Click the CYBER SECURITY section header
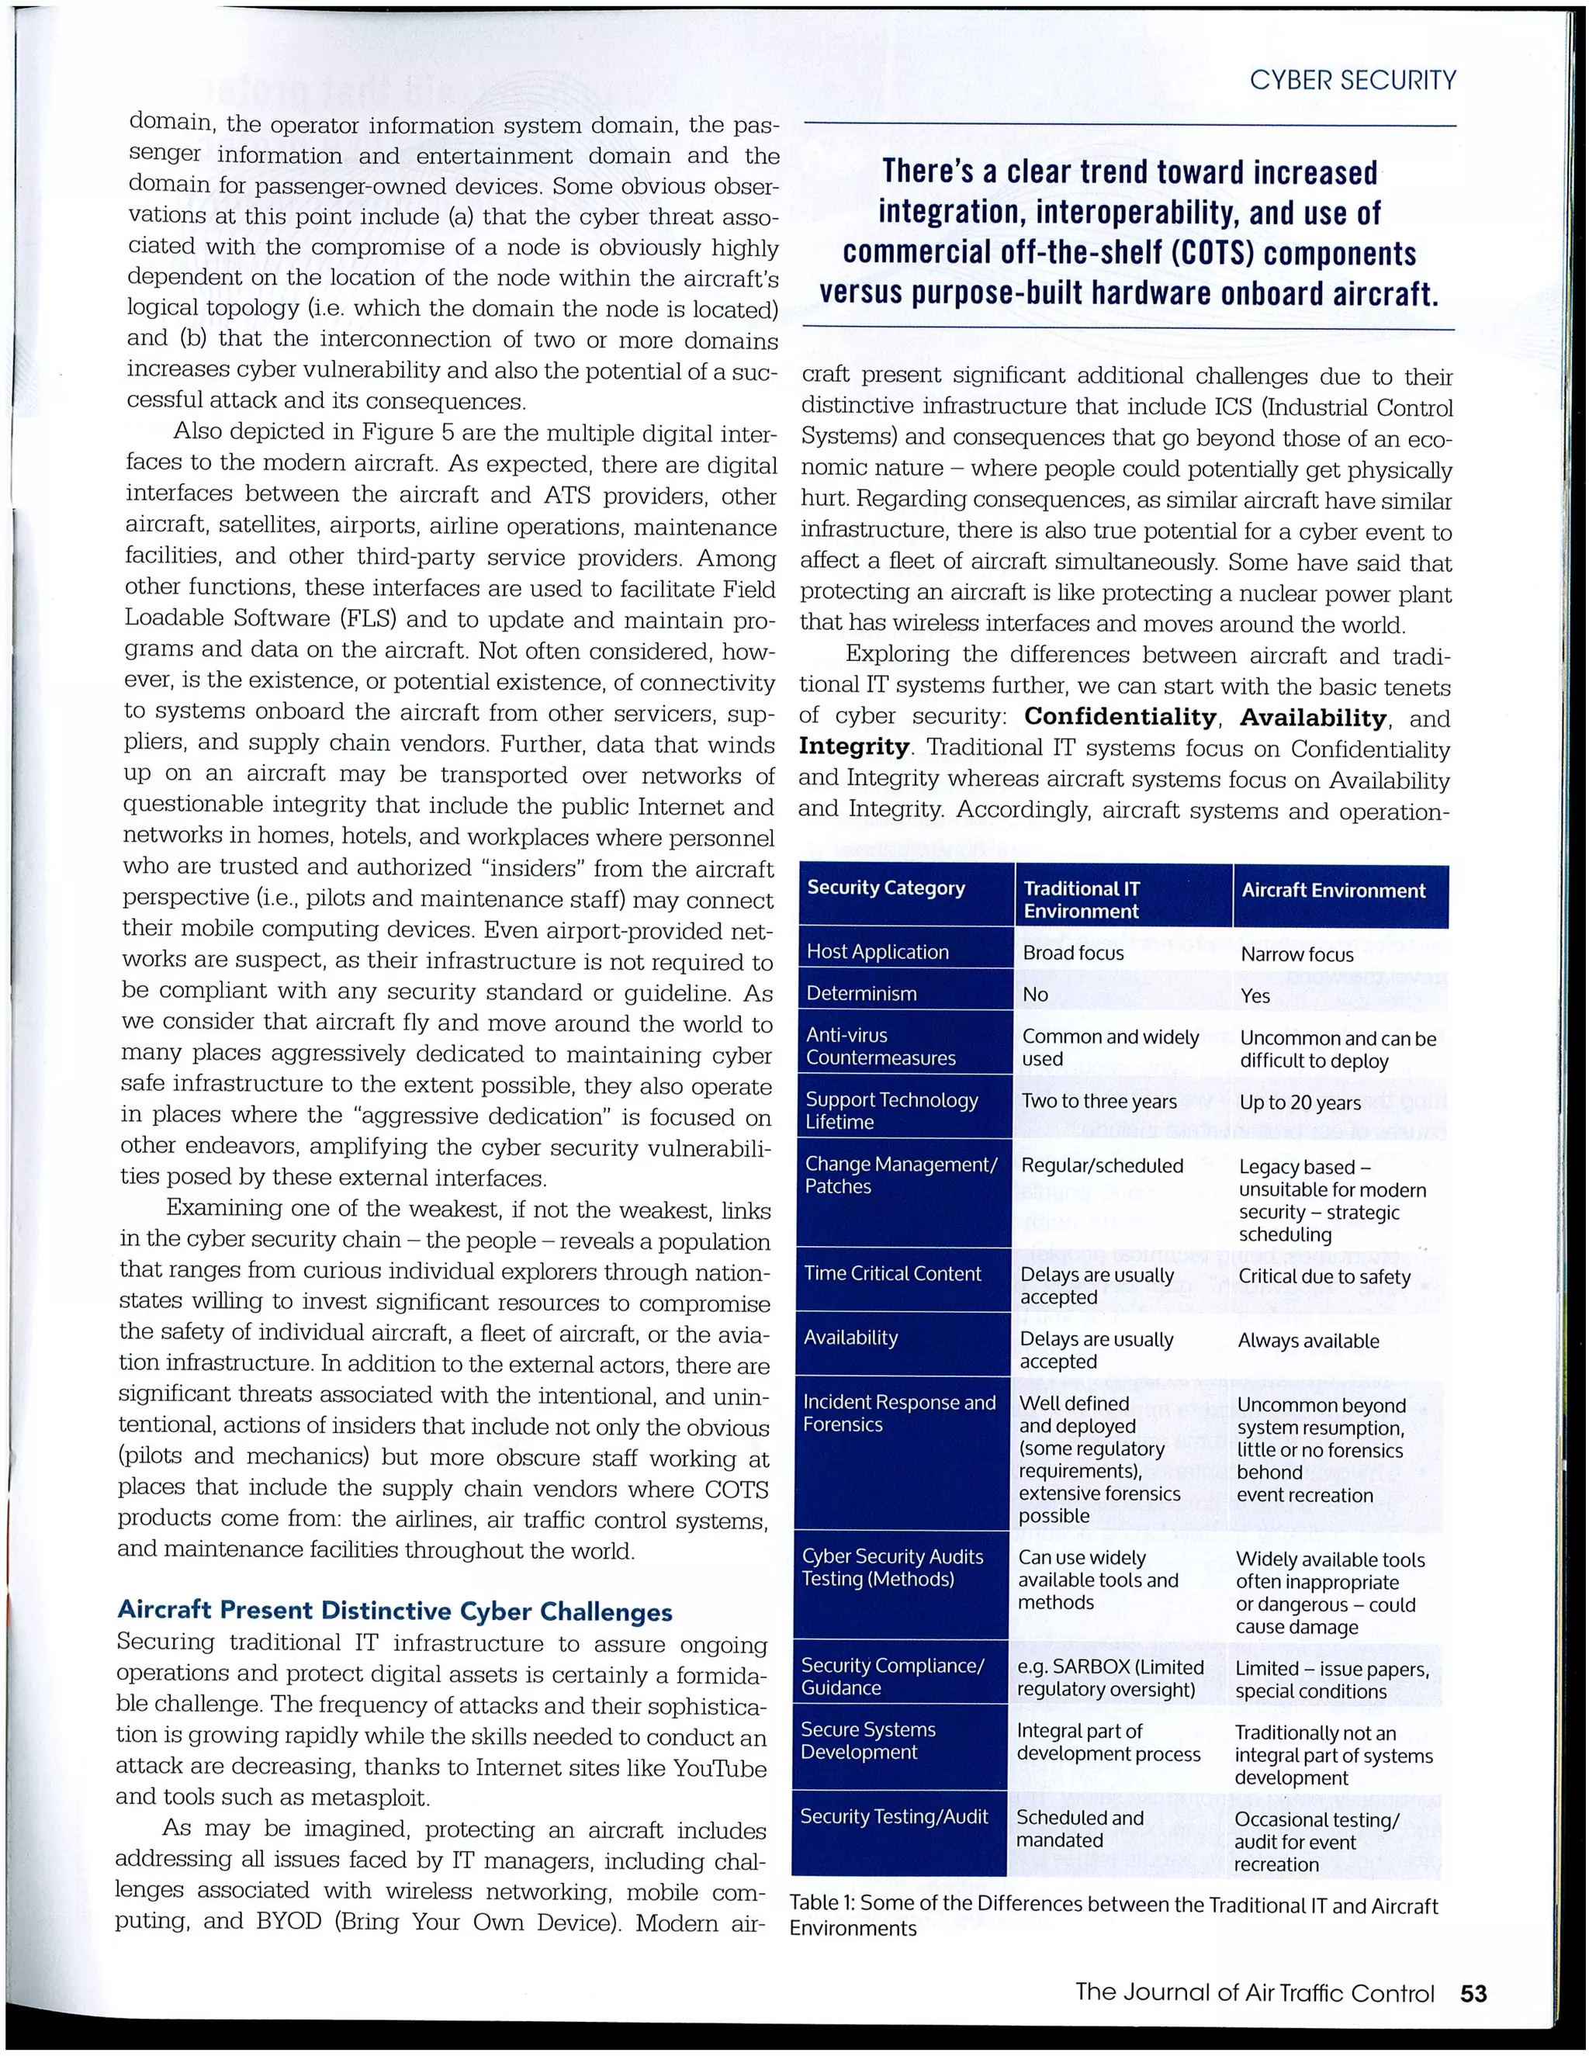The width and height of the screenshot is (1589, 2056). click(1352, 81)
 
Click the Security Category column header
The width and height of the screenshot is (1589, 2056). click(886, 888)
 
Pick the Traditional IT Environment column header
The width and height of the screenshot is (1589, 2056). click(1082, 899)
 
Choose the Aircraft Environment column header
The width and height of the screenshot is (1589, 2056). click(1333, 891)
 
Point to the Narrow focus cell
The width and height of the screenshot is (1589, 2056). click(1296, 954)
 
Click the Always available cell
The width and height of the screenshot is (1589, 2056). click(1307, 1341)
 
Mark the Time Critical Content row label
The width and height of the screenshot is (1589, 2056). click(892, 1274)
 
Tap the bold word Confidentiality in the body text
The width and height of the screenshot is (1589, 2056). click(1120, 718)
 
